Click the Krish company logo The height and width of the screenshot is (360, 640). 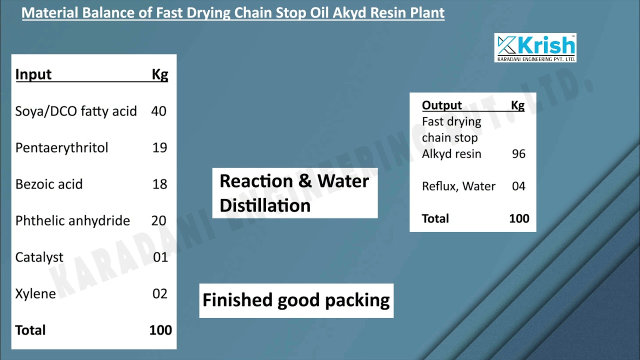coord(535,48)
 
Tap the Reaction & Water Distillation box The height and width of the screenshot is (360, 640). coord(294,193)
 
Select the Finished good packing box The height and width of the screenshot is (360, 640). coord(296,300)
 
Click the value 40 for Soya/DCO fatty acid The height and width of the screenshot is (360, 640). coord(158,111)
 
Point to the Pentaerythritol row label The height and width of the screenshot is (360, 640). coord(61,147)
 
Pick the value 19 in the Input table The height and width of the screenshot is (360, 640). coord(159,147)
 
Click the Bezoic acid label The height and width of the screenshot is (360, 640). coord(49,184)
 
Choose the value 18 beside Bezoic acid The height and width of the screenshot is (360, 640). coord(159,184)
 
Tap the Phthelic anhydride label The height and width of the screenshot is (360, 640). coord(72,220)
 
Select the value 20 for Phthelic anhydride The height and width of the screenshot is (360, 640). coord(159,220)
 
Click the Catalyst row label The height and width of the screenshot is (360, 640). coord(39,257)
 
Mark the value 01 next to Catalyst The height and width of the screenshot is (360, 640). coord(160,257)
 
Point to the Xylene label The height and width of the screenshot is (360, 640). coord(35,293)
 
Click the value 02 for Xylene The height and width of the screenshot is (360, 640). coord(160,293)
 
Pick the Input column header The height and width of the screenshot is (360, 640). coord(33,74)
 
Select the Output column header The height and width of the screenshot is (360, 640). coord(442,105)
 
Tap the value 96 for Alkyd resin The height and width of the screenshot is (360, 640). coord(518,153)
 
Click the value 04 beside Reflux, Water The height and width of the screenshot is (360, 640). coord(518,186)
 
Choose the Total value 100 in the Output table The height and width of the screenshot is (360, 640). coord(519,218)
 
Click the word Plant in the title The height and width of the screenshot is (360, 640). coord(424,12)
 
